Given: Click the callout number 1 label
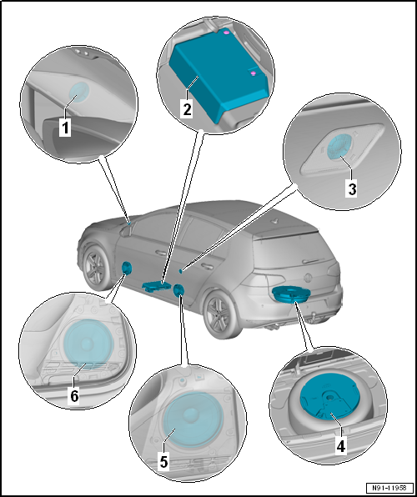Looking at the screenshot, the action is tap(65, 128).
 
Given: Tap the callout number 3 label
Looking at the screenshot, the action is tap(351, 188).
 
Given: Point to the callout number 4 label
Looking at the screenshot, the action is tap(340, 446).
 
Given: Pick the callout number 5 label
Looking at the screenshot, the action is tap(163, 462).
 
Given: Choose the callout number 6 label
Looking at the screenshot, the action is tap(74, 396).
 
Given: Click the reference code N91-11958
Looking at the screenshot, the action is tap(390, 487).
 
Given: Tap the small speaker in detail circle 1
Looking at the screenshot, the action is tap(78, 92).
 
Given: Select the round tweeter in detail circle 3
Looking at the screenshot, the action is tap(339, 146).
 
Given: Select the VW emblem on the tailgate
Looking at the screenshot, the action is tap(308, 278).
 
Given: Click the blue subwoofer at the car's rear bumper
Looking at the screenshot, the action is tap(291, 294).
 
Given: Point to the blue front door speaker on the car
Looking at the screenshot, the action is tap(126, 269).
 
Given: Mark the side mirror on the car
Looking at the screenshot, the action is tap(125, 231).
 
